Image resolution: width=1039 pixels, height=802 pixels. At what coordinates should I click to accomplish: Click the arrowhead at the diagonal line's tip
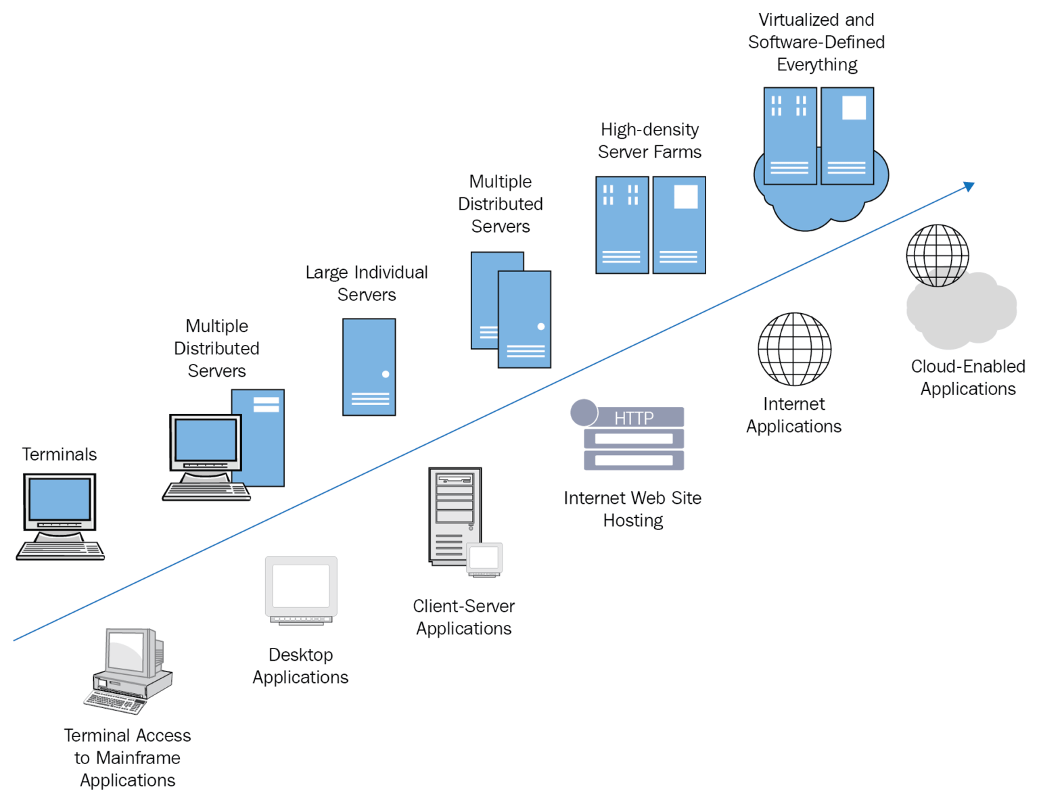[x=969, y=186]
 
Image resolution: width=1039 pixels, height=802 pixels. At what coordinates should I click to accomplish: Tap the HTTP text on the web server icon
[x=634, y=418]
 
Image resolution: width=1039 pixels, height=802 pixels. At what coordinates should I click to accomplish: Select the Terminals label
[x=60, y=454]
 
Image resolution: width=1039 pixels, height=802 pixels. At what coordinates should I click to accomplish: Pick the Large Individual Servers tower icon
[x=369, y=367]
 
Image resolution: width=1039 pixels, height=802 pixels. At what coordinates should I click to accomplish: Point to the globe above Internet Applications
[x=794, y=349]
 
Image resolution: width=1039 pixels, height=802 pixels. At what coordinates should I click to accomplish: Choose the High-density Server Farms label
[x=649, y=141]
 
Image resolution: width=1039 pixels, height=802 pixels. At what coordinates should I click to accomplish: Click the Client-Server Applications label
[x=464, y=617]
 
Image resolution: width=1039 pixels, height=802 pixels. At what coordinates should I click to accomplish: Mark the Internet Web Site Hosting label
[x=632, y=509]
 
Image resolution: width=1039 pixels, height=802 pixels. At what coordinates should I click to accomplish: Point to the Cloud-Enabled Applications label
[x=968, y=377]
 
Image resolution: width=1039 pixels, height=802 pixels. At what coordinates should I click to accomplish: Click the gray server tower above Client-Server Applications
[x=455, y=515]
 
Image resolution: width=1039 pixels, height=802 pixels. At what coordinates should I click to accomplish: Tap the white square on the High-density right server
[x=685, y=197]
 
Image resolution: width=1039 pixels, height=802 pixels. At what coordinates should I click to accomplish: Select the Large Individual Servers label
[x=367, y=283]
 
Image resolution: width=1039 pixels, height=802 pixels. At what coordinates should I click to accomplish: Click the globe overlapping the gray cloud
[x=938, y=255]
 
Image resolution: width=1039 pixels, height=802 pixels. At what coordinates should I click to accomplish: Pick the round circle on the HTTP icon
[x=584, y=412]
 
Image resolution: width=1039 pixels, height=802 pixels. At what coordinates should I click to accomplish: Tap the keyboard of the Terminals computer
[x=60, y=550]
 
